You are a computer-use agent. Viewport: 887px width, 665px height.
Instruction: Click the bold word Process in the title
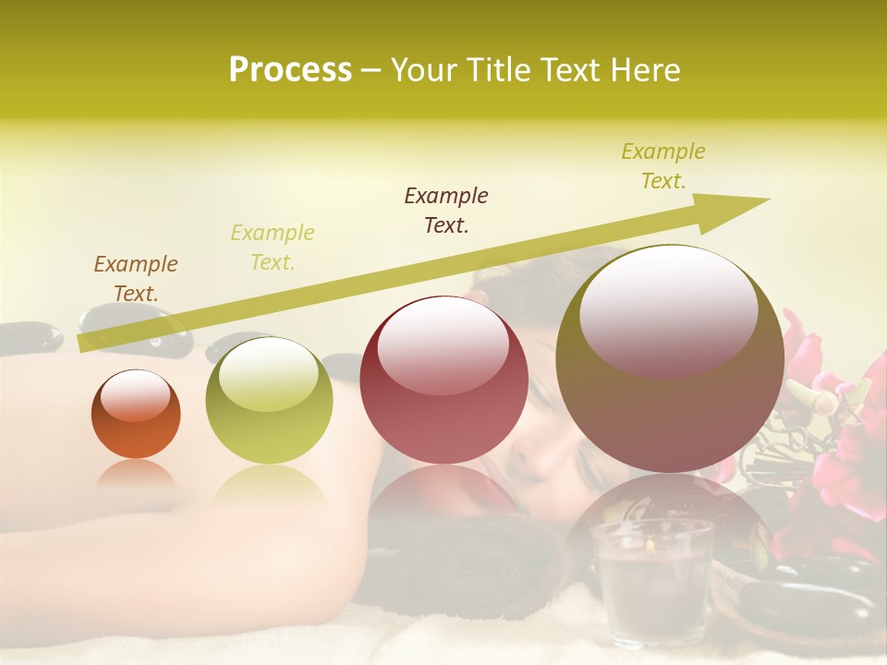coord(290,70)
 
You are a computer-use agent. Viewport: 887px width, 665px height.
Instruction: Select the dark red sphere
coord(443,381)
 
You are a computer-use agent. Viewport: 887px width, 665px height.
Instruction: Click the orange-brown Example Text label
coord(136,279)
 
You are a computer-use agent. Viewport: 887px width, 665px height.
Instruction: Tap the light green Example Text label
coord(273,248)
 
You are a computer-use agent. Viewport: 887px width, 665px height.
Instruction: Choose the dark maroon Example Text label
coord(446,210)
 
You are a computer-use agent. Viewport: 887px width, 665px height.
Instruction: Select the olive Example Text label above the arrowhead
coord(662,166)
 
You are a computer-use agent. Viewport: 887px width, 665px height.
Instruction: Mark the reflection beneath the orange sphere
coord(136,476)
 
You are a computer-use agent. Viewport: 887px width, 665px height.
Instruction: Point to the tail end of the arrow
coord(83,344)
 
